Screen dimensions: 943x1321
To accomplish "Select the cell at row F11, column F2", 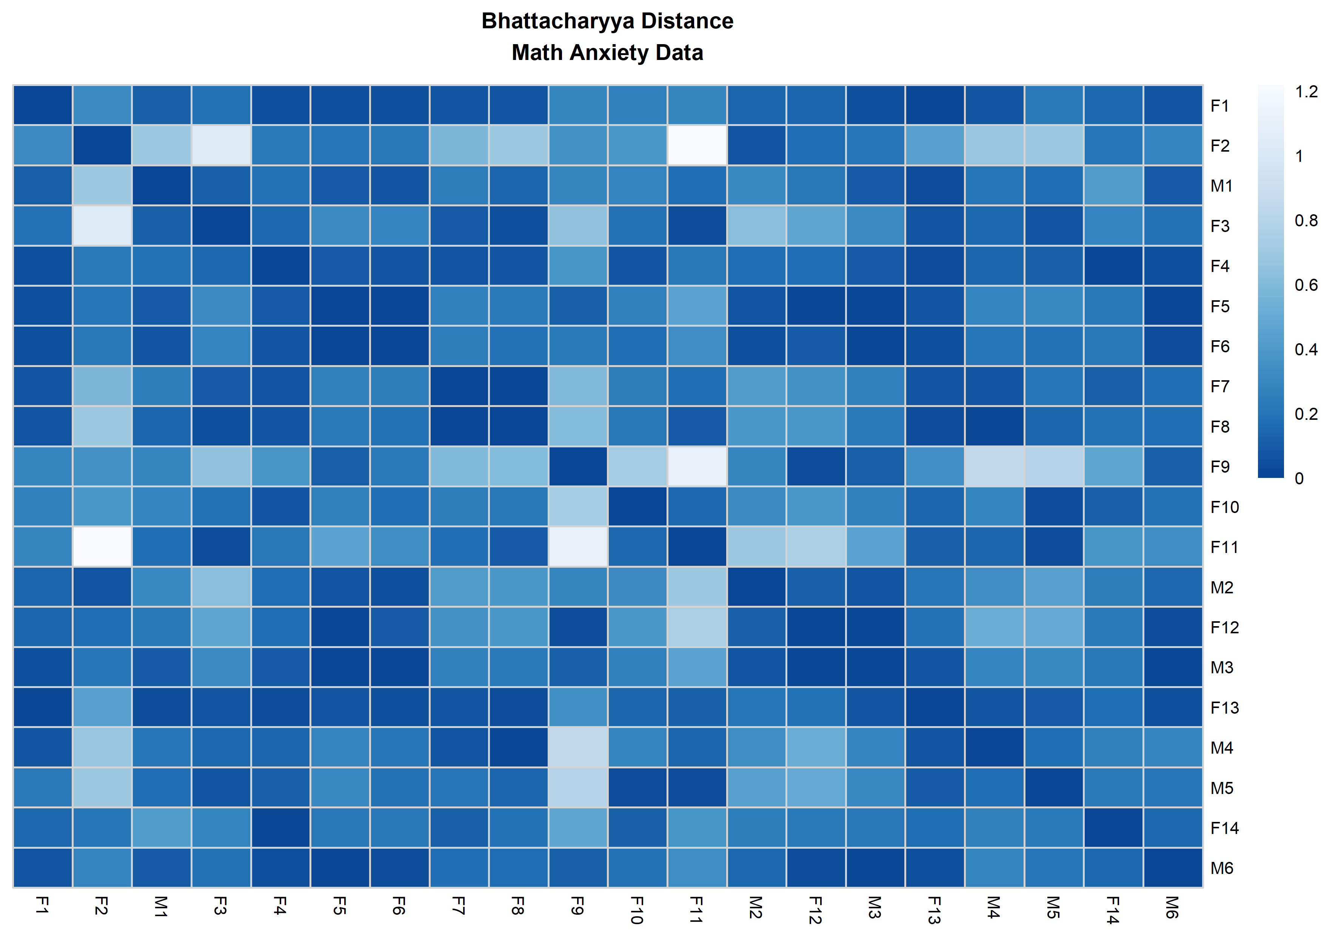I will pyautogui.click(x=102, y=547).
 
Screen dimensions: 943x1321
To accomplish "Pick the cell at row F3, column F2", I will pyautogui.click(x=102, y=225).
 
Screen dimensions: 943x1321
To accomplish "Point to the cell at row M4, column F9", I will pyautogui.click(x=578, y=747).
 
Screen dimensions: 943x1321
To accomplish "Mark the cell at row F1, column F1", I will pyautogui.click(x=42, y=105).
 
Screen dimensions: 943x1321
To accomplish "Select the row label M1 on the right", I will pyautogui.click(x=1222, y=186).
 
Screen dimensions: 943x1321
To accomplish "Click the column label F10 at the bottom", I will pyautogui.click(x=637, y=910).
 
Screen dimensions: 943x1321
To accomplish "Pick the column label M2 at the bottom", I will pyautogui.click(x=755, y=907).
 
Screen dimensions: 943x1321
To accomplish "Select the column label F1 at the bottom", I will pyautogui.click(x=42, y=905).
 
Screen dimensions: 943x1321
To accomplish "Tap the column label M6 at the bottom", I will pyautogui.click(x=1172, y=907).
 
